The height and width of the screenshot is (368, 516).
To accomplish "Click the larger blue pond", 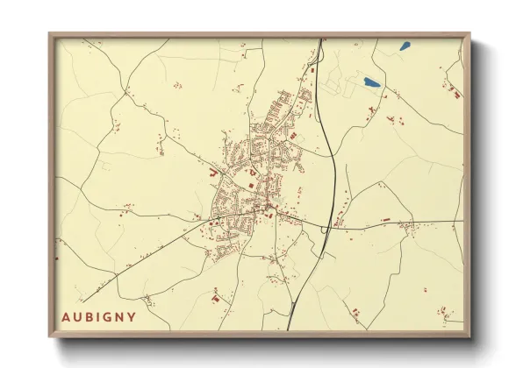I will tap(372, 83).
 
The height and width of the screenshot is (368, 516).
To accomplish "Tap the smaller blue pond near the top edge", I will tap(405, 46).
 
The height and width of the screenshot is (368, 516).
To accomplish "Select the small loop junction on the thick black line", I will tap(326, 229).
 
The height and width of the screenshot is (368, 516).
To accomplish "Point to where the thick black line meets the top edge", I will tap(320, 40).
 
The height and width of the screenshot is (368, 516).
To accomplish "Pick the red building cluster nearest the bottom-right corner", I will tap(447, 313).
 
